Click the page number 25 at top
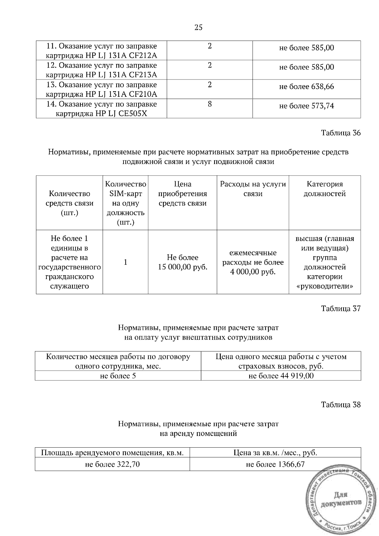198,27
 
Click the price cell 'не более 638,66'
306,87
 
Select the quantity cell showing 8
210,104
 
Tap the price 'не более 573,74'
306,106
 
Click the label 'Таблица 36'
340,133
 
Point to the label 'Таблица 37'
340,308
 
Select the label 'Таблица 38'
340,404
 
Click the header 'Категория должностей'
325,189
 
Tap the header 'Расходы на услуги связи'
253,189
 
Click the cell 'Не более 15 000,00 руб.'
183,262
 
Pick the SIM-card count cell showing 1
125,262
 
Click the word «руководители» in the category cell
325,286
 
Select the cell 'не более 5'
118,376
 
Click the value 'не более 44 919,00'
281,376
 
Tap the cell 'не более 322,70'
112,464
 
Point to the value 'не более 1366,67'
275,464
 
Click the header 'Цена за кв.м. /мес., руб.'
275,453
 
